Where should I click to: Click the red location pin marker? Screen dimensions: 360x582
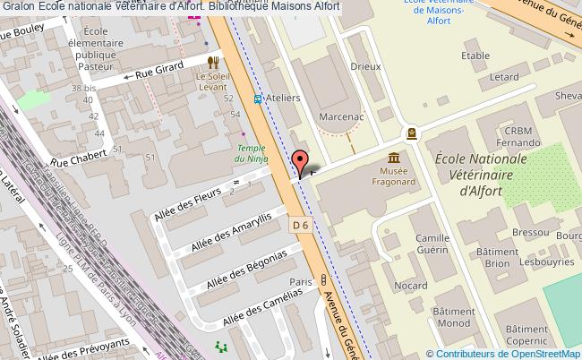pos(300,161)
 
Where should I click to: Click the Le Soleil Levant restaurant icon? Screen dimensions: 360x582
pos(213,62)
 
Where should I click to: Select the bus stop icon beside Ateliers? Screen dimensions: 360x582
pos(258,99)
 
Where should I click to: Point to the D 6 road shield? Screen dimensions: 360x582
pos(301,227)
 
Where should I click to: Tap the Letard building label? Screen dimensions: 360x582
pos(504,77)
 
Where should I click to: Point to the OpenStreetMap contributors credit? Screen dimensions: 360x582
pos(504,353)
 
